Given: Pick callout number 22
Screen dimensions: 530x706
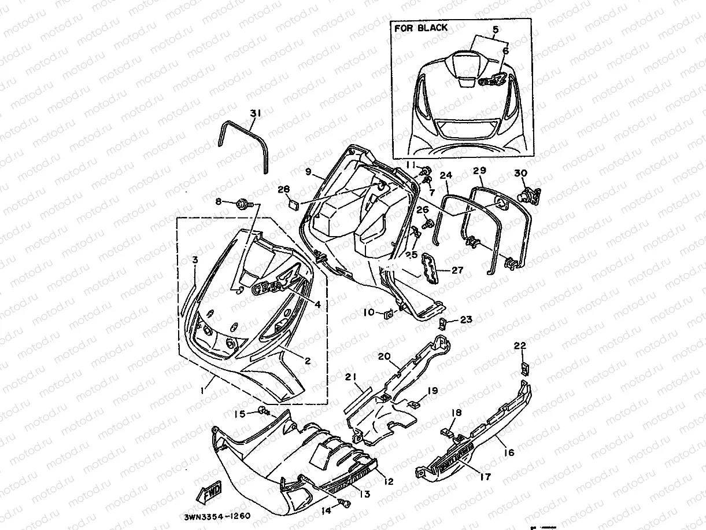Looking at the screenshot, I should (520, 345).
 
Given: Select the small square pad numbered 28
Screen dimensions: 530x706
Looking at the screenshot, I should (293, 204).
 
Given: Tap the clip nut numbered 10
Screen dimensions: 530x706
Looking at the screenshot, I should (388, 314).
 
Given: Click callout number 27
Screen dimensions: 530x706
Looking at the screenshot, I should (457, 269).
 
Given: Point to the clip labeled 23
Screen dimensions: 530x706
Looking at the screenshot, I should (443, 322).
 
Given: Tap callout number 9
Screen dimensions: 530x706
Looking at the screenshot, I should (308, 171).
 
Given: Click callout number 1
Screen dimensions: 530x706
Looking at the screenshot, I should (202, 391).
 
